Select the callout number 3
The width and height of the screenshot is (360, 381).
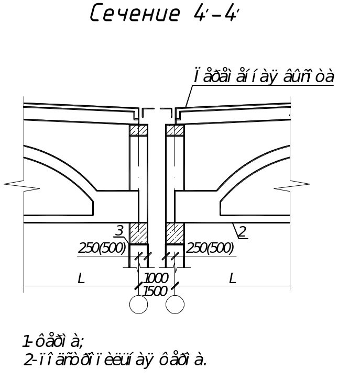(x=119, y=230)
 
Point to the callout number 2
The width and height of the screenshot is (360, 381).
(x=242, y=232)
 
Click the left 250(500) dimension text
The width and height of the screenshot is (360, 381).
(x=102, y=248)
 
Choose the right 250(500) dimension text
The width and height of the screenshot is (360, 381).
(x=210, y=248)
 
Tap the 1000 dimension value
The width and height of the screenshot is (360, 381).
(x=156, y=278)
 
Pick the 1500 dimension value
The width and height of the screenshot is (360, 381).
(x=156, y=291)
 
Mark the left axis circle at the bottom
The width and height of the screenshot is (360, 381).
(x=138, y=304)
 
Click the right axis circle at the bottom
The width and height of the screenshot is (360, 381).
(x=174, y=304)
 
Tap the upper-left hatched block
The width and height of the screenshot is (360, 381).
(x=138, y=130)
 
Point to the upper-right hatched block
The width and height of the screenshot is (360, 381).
(x=175, y=130)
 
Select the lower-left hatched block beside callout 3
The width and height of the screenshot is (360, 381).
(x=138, y=233)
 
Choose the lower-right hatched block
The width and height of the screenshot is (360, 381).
(x=175, y=233)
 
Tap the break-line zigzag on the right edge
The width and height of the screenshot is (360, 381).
(x=291, y=185)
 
